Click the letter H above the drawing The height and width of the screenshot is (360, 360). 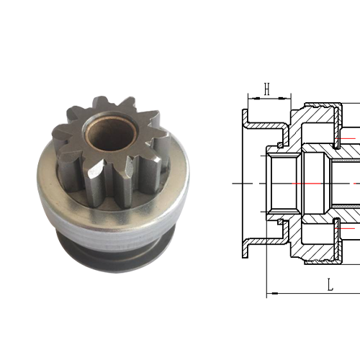pyautogui.click(x=266, y=89)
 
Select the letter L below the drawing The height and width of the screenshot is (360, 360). pyautogui.click(x=330, y=285)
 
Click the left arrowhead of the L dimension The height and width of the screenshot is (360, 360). pyautogui.click(x=269, y=293)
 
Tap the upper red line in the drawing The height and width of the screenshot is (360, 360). pyautogui.click(x=346, y=136)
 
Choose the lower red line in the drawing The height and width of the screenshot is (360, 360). pyautogui.click(x=346, y=229)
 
